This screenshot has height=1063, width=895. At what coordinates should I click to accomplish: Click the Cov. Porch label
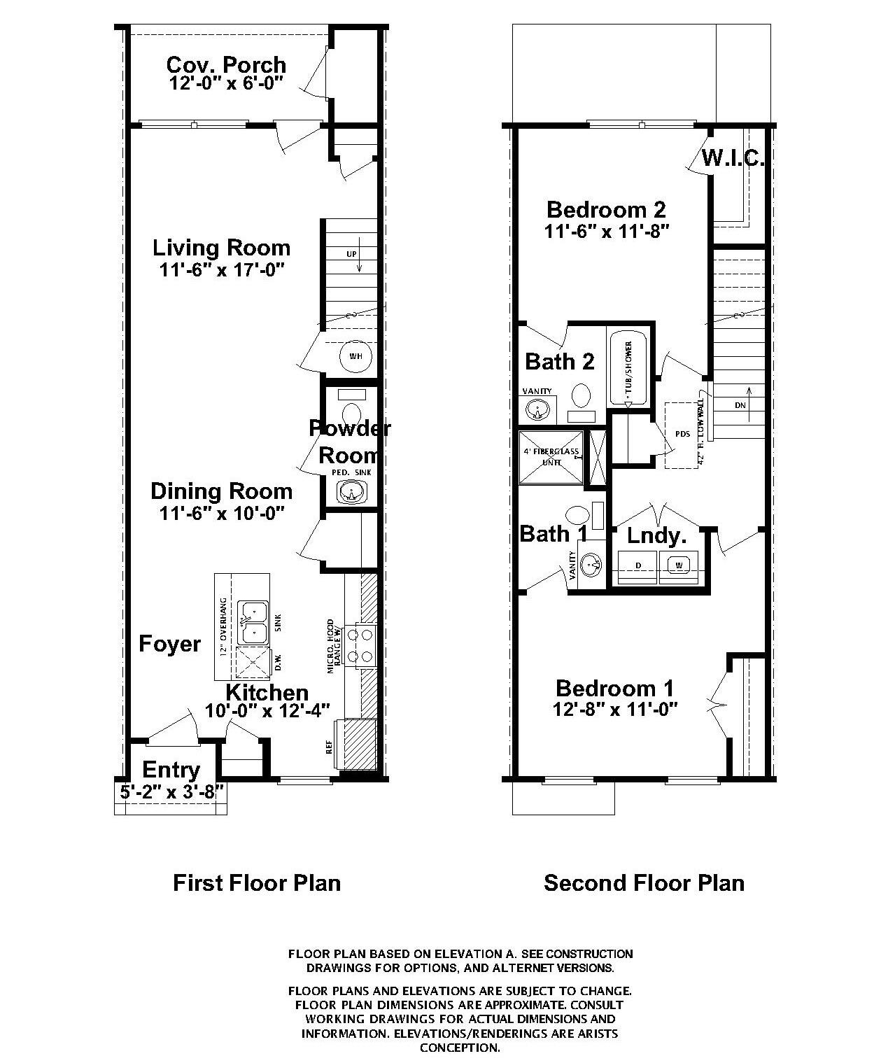tap(226, 64)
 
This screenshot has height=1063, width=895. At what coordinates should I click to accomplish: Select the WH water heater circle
tap(356, 356)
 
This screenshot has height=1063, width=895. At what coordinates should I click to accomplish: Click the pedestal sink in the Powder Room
tap(348, 493)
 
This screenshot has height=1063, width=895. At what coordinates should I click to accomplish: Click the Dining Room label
tap(221, 491)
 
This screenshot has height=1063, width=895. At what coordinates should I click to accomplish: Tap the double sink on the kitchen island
tap(253, 622)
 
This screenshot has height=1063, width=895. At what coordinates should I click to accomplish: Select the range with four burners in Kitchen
tap(365, 645)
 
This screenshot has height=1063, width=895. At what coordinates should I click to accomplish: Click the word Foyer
tap(169, 644)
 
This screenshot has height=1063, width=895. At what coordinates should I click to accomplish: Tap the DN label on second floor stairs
tap(740, 405)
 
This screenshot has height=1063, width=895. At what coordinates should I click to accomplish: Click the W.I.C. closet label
tap(733, 158)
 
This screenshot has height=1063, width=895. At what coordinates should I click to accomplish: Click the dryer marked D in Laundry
tap(637, 565)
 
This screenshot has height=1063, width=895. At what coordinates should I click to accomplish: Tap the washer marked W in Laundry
tap(678, 565)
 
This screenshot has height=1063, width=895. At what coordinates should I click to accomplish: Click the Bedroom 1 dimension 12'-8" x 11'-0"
tap(615, 709)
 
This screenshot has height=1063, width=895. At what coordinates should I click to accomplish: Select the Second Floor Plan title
tap(644, 882)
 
